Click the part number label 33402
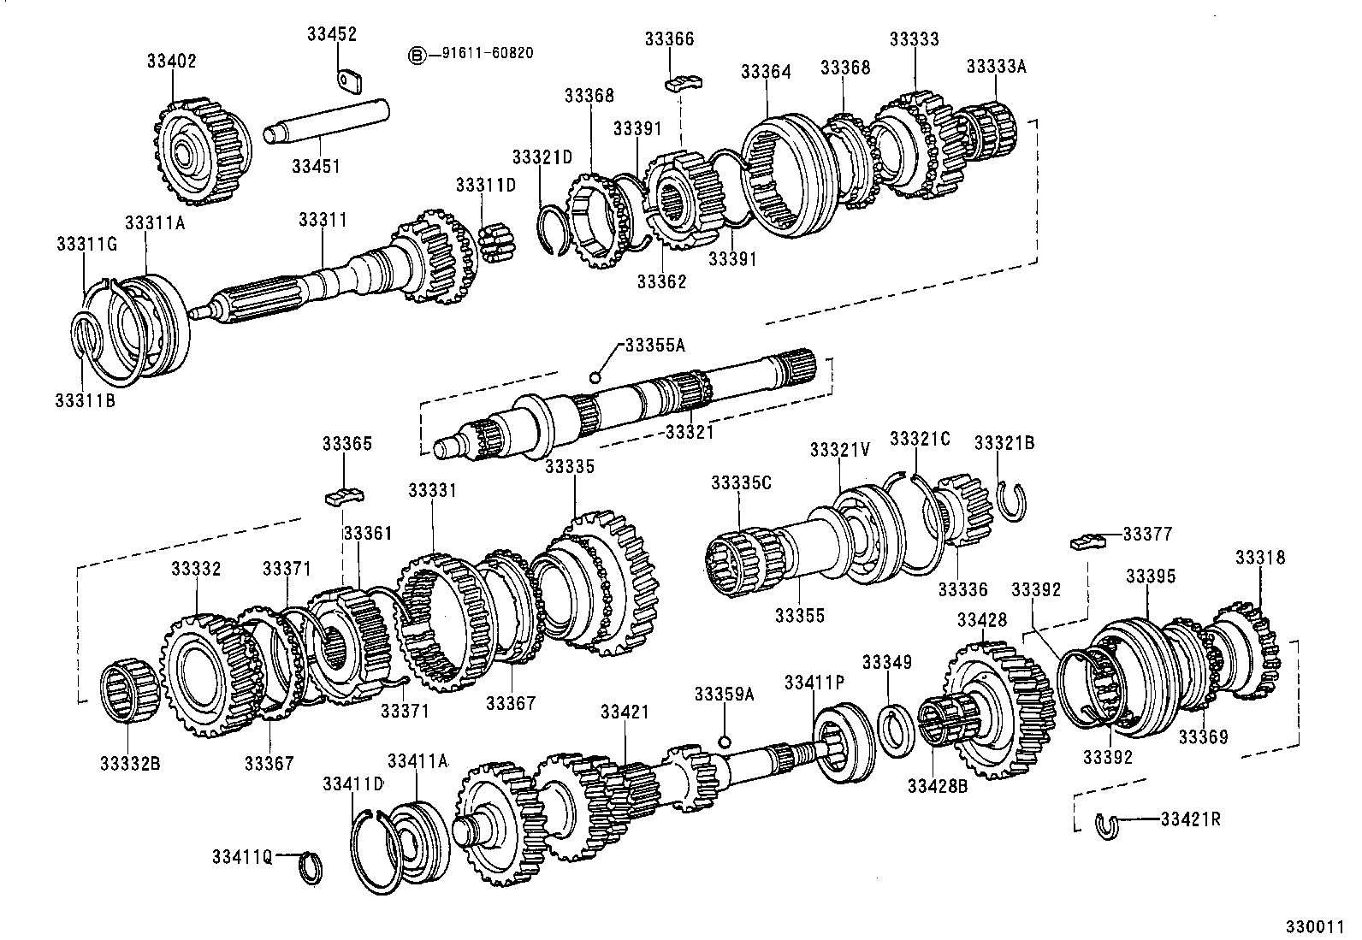pyautogui.click(x=171, y=61)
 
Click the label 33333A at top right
pyautogui.click(x=996, y=65)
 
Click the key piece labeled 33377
pyautogui.click(x=1084, y=541)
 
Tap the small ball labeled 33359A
pyautogui.click(x=725, y=741)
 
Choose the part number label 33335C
pyautogui.click(x=741, y=482)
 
